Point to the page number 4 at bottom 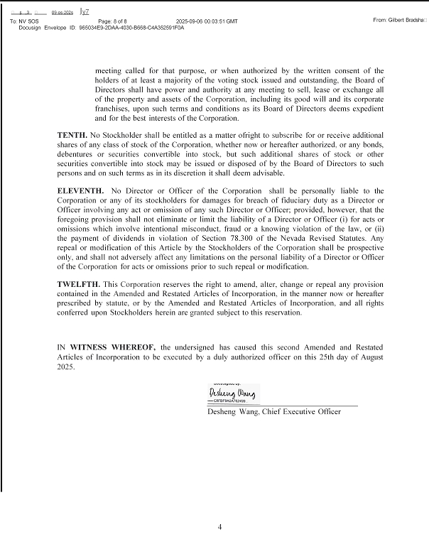(x=220, y=527)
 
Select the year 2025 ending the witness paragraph (x=66, y=368)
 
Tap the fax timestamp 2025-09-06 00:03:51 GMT (x=207, y=22)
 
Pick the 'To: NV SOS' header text (x=23, y=22)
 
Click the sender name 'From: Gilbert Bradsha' (x=399, y=20)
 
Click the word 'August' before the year (x=368, y=357)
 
